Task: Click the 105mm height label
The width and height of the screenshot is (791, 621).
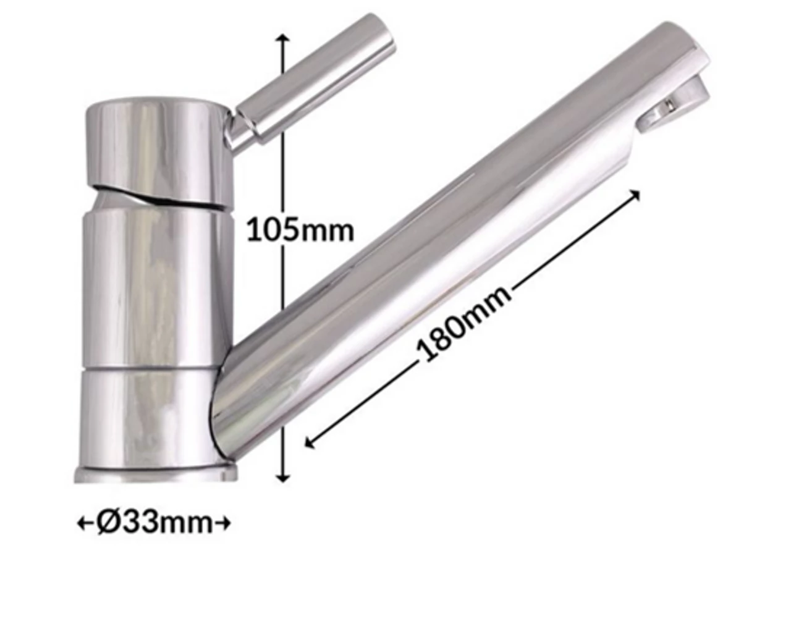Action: pos(300,230)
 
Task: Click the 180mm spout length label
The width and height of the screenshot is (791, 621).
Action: pos(465,323)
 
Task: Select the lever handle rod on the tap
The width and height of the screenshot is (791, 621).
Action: pos(315,80)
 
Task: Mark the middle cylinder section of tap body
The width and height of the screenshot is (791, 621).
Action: pos(151,284)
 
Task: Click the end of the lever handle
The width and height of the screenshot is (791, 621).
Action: pos(377,31)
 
